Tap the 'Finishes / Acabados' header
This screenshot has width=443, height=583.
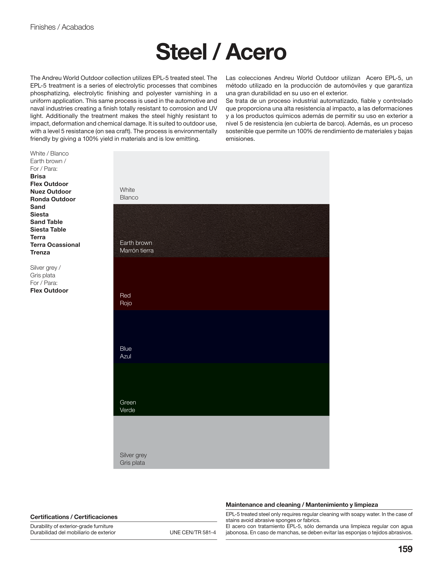[62, 27]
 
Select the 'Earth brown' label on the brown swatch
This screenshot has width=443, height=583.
[136, 243]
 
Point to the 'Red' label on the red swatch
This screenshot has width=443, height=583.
[125, 295]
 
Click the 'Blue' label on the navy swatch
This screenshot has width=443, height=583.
[125, 349]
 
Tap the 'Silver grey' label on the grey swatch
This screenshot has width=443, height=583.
[133, 455]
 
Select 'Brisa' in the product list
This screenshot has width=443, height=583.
[38, 176]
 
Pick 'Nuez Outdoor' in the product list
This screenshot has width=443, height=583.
[51, 192]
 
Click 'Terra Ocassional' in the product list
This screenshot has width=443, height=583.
[55, 245]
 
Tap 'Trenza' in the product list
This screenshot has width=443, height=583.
[40, 252]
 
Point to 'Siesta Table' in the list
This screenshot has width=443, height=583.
[48, 230]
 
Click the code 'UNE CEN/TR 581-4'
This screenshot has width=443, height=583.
[193, 532]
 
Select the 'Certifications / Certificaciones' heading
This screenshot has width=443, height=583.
[74, 517]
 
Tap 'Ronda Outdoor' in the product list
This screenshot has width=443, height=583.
[53, 199]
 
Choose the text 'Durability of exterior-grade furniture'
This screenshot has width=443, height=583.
[71, 526]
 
